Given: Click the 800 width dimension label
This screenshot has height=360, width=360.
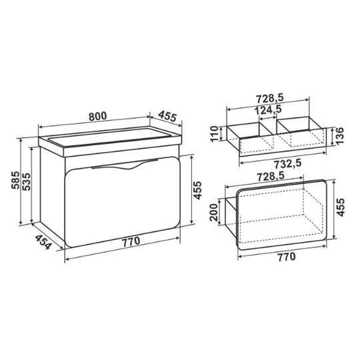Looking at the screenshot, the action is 98,116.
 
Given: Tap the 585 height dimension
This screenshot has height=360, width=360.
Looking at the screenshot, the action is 15,180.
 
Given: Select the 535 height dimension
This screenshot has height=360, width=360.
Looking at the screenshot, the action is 27,181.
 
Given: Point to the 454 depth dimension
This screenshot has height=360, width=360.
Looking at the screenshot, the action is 43,242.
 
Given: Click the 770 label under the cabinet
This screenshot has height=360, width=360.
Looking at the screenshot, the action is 131,241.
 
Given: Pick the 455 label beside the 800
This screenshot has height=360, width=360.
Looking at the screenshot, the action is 167,116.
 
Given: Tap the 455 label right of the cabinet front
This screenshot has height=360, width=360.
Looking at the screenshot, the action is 197,190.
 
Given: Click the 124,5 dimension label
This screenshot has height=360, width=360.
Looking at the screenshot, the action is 268,109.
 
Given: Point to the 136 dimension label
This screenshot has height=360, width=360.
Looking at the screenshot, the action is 339,136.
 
